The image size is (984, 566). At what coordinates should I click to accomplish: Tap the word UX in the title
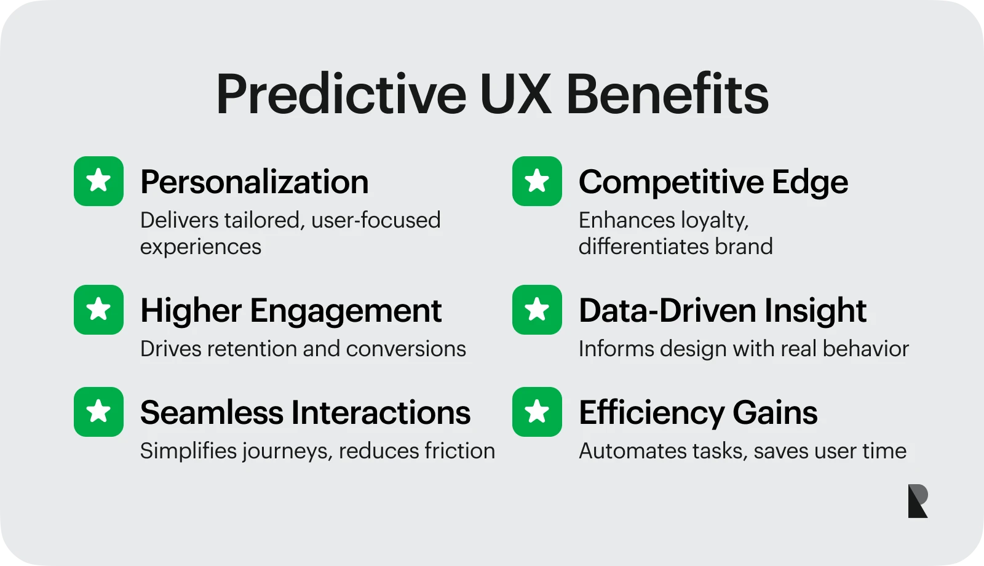(x=515, y=94)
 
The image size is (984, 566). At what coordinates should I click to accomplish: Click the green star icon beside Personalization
(x=98, y=181)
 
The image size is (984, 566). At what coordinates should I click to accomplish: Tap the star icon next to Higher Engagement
(x=98, y=310)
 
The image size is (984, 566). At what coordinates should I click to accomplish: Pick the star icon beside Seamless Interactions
(x=98, y=412)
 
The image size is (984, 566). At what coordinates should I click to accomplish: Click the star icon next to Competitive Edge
(x=537, y=181)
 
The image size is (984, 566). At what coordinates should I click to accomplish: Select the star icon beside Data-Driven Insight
(x=537, y=310)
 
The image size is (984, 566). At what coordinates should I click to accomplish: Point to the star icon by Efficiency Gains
(x=537, y=412)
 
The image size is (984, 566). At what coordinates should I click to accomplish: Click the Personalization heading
(x=255, y=182)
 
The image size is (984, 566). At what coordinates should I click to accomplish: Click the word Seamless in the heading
(x=212, y=413)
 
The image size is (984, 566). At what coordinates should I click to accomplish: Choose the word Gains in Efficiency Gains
(x=775, y=413)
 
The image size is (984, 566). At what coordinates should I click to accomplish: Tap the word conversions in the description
(x=406, y=349)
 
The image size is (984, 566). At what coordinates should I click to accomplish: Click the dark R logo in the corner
(x=918, y=501)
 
